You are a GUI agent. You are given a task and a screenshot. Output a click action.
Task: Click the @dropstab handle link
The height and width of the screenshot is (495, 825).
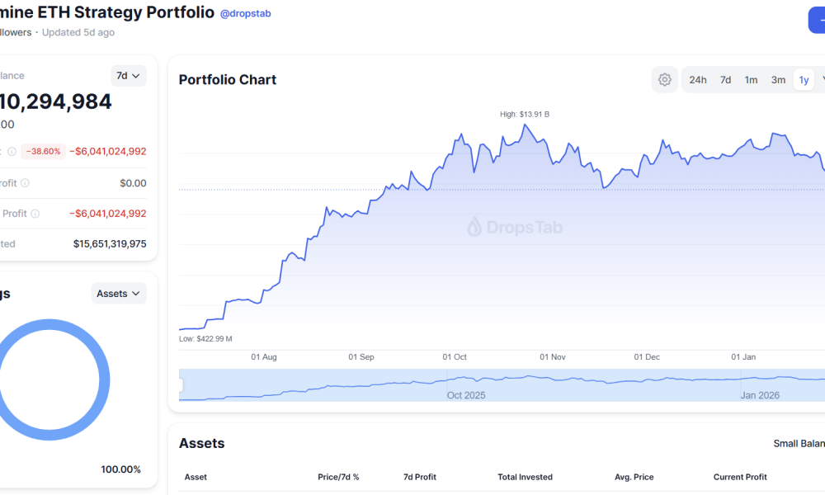pos(245,13)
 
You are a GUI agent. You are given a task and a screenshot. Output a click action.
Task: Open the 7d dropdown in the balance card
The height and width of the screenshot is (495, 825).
pos(128,76)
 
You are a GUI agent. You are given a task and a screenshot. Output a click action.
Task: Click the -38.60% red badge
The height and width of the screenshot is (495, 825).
pos(43,151)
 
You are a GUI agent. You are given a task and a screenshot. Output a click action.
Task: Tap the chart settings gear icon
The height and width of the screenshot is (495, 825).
pos(664,80)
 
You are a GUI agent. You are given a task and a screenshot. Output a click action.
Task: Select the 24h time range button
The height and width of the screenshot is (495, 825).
pos(698,80)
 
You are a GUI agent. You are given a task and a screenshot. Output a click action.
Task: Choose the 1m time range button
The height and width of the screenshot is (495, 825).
pos(751,80)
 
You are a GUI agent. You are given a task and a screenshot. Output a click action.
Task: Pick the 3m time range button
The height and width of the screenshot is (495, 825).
pos(778,80)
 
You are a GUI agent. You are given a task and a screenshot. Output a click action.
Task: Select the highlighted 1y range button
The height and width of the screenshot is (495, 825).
pos(804,80)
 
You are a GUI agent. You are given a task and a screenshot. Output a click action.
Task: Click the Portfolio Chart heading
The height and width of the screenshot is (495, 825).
pos(228,80)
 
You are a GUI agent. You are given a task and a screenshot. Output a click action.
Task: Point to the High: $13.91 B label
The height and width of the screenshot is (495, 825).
pos(525,114)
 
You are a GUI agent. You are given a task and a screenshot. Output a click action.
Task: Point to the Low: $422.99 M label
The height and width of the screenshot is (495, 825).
pos(205,339)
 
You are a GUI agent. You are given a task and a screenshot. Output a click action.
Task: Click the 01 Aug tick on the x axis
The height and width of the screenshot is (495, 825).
pos(263,357)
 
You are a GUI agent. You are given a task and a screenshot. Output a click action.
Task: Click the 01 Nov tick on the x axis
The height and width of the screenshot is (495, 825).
pos(553,357)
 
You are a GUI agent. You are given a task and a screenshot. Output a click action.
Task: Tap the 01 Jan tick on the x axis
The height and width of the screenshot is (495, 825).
pos(743,357)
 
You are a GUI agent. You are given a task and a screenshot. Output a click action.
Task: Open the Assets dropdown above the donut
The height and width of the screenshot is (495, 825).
pos(118,294)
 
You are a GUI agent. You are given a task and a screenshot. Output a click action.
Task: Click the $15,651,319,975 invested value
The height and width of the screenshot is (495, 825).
pos(110,244)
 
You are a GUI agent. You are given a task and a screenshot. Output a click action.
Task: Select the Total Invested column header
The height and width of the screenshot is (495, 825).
pos(525,477)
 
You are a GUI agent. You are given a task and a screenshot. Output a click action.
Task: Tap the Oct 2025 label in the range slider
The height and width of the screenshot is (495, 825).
pos(466,395)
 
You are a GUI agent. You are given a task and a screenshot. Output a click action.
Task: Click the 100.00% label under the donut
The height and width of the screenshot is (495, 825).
pos(121,469)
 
